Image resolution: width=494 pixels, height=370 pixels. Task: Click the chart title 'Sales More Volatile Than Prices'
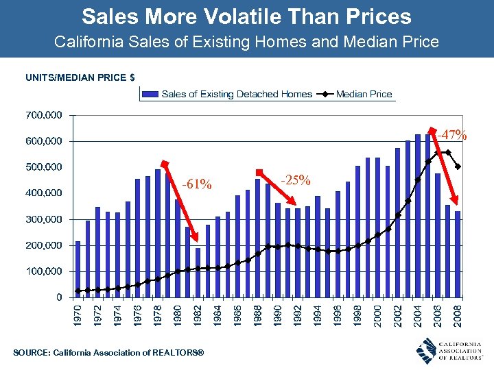coord(246,16)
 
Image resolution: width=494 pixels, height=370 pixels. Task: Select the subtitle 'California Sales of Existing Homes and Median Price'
coord(246,42)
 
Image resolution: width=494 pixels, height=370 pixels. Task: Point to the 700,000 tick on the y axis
coord(43,115)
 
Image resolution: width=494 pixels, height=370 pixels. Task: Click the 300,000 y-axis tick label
coord(43,219)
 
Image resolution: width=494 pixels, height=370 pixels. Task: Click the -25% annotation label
coord(296,181)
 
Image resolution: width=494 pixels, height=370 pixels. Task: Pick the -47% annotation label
coord(453,135)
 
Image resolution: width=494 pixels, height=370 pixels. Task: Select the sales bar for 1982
coord(198,273)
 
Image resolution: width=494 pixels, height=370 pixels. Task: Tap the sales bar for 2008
coord(458,254)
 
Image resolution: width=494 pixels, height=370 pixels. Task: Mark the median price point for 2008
coord(458,166)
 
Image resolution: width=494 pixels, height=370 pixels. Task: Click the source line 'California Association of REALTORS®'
coord(110,352)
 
